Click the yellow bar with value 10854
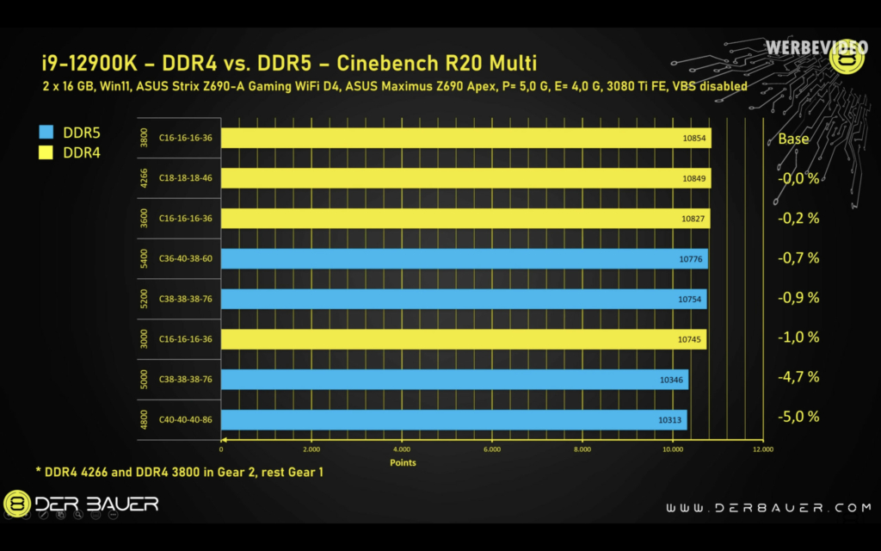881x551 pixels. [465, 139]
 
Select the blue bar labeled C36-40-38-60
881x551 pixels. [464, 258]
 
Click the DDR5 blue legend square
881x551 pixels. [46, 133]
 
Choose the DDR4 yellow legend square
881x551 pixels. [46, 152]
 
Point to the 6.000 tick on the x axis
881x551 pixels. [492, 449]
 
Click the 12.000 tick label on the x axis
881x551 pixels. [762, 449]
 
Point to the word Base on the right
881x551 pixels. [793, 139]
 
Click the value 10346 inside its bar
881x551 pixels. [671, 378]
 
